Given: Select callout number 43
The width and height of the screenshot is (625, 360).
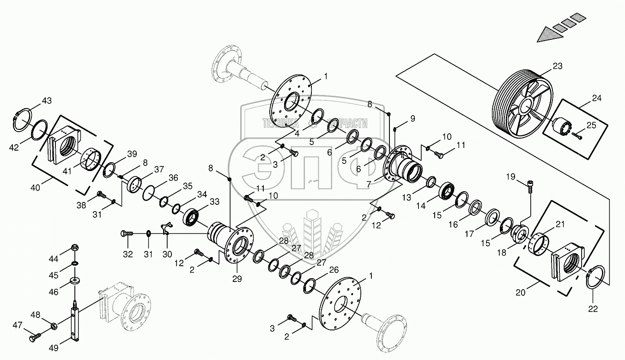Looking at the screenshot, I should coord(47,101).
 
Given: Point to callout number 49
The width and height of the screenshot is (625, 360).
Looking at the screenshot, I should coord(54,348).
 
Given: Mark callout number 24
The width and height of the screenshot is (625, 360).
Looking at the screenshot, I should coord(597,98).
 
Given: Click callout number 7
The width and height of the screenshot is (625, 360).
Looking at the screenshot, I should coord(369,184).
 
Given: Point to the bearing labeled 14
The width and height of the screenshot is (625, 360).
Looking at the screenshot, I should coord(447,190).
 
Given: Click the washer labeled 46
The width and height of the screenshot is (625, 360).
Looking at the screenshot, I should coord(74,281).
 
